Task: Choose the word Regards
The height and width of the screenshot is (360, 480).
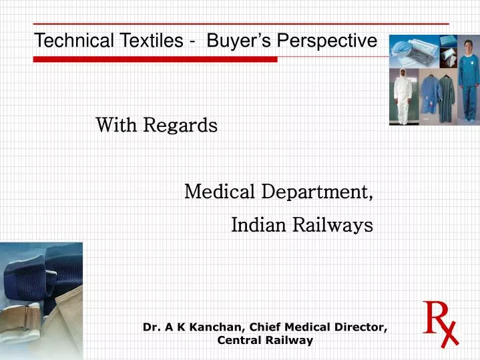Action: [x=181, y=126]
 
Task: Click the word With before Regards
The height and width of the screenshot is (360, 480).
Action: [x=117, y=125]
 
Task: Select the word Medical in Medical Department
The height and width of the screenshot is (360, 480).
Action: [x=220, y=192]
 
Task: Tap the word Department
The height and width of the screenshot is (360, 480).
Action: [x=316, y=193]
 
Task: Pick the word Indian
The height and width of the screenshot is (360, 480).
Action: [x=258, y=226]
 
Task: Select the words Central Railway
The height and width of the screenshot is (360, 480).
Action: [x=265, y=341]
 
